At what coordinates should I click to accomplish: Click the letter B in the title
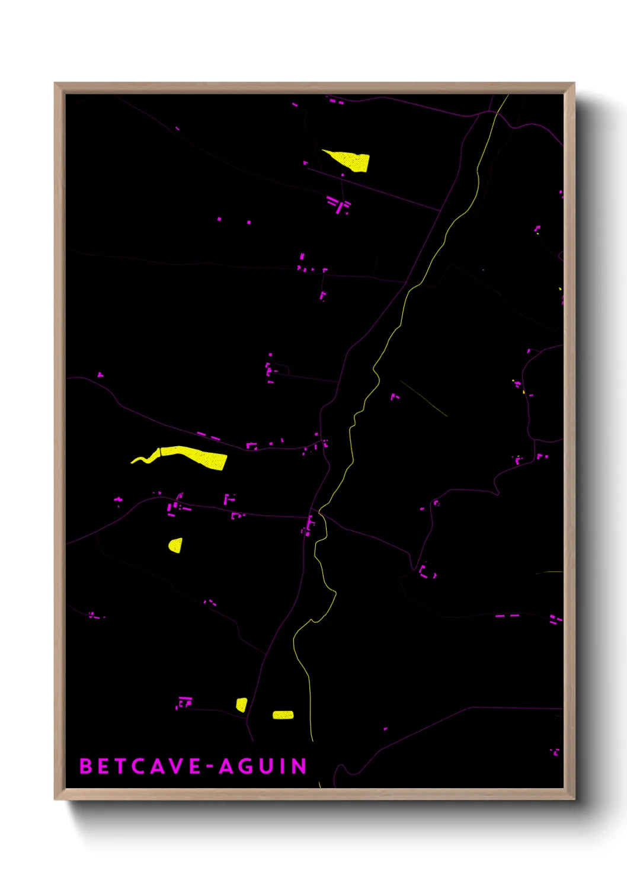(86, 766)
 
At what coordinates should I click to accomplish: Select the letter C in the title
(139, 766)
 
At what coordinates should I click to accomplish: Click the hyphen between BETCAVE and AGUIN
(210, 767)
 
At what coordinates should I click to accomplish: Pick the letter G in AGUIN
(245, 766)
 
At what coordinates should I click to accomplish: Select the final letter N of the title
(299, 766)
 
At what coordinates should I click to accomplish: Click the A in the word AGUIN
(226, 766)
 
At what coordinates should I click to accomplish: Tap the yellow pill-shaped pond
(283, 715)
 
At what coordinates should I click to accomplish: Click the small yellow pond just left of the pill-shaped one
(241, 705)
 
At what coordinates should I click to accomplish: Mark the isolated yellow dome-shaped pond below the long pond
(175, 545)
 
